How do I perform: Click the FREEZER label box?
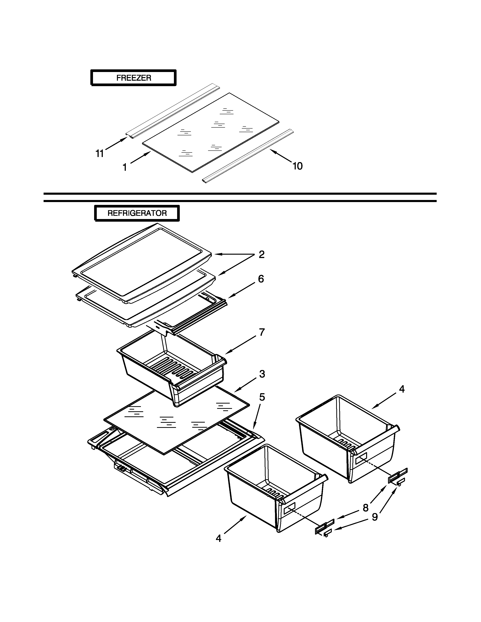click(133, 78)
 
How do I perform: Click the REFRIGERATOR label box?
click(137, 213)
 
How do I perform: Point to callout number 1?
click(124, 167)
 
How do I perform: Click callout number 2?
click(261, 254)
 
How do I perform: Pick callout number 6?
click(261, 279)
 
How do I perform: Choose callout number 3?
click(262, 374)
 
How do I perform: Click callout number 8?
click(366, 508)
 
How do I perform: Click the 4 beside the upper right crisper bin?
click(402, 389)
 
